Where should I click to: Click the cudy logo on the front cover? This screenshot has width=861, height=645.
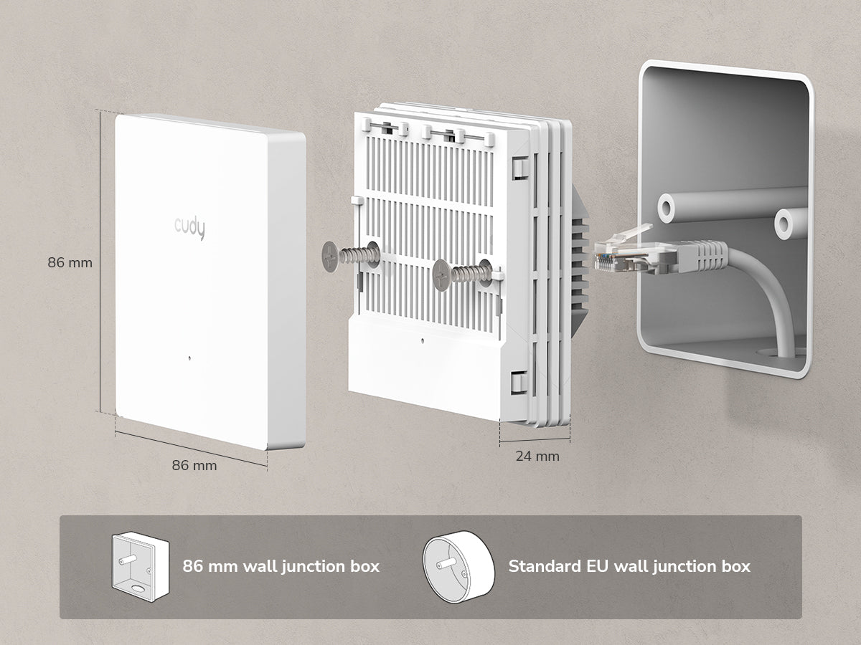189,229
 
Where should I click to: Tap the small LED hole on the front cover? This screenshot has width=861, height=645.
190,358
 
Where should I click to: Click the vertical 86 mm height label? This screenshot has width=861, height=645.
70,262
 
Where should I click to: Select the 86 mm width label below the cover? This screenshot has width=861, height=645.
194,465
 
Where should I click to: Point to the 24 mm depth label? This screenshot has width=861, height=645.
537,457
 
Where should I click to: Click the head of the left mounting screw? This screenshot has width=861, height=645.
331,257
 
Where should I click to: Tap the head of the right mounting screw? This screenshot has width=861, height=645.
442,275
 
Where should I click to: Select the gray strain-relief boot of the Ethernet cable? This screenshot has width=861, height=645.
702,257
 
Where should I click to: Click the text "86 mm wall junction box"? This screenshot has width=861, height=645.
281,567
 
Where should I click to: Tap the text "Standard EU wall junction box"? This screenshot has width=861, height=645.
629,567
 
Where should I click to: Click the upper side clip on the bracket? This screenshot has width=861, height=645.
520,168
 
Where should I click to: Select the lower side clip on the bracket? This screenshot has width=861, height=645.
519,382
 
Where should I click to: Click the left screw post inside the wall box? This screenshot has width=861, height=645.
666,208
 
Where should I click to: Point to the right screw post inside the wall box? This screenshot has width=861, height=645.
784,224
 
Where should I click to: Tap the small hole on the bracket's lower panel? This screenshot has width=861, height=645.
422,340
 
